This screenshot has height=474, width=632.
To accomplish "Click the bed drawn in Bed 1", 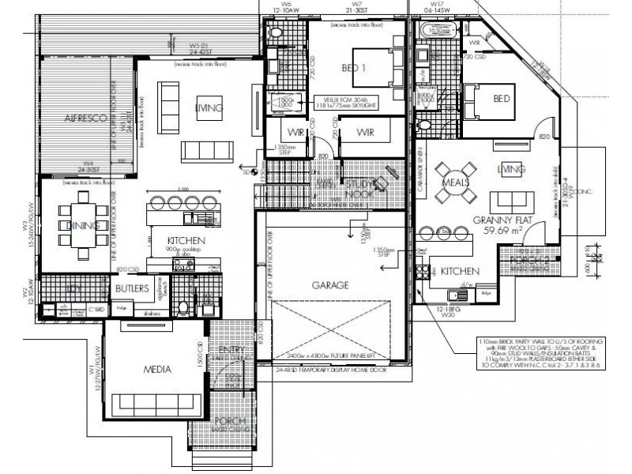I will point(372,69).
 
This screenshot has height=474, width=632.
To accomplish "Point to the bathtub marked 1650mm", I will point(437,32).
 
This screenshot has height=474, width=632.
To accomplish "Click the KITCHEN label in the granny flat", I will point(457,270).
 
